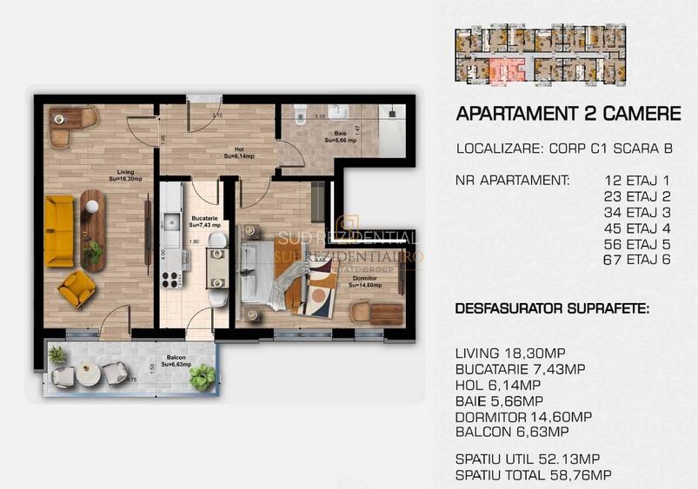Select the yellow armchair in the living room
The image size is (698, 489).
click(x=76, y=287)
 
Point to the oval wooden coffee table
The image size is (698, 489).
click(x=91, y=219)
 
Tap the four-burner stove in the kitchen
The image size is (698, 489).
click(x=170, y=279)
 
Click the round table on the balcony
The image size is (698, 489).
click(x=88, y=373)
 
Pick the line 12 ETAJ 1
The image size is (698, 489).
click(x=638, y=181)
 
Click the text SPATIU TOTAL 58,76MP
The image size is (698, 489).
click(x=533, y=475)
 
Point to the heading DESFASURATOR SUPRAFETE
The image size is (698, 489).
click(x=552, y=309)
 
